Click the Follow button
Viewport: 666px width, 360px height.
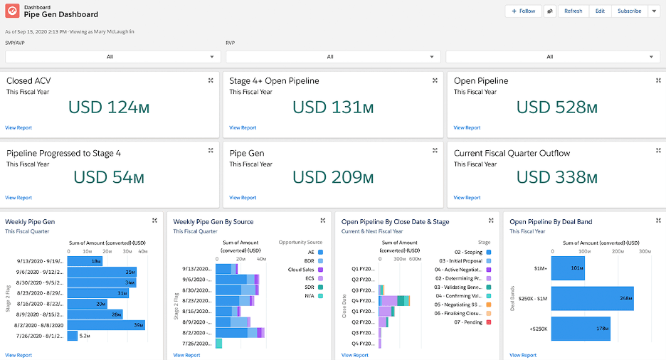pyautogui.click(x=523, y=11)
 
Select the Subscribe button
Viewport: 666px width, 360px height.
pyautogui.click(x=629, y=11)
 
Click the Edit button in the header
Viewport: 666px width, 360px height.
pyautogui.click(x=600, y=11)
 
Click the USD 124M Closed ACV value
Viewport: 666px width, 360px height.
pyautogui.click(x=108, y=108)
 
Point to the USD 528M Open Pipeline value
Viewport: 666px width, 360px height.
pyautogui.click(x=556, y=108)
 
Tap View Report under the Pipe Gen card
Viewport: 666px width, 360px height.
pyautogui.click(x=243, y=198)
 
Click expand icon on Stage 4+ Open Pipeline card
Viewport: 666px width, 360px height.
pyautogui.click(x=435, y=80)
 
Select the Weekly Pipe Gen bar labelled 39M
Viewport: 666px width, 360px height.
pyautogui.click(x=106, y=324)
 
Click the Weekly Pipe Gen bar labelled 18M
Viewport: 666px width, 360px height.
pyautogui.click(x=85, y=261)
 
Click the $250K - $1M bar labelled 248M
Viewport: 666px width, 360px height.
pyautogui.click(x=592, y=299)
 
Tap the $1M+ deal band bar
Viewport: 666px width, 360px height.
pyautogui.click(x=568, y=268)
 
